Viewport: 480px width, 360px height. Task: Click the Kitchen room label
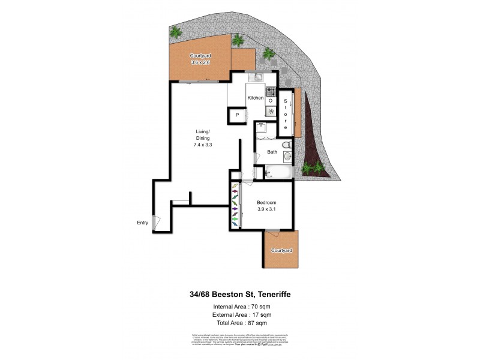(256, 98)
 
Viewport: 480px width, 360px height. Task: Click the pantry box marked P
(237, 115)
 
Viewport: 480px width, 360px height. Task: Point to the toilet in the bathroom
(287, 145)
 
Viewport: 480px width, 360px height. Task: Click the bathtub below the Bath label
(276, 173)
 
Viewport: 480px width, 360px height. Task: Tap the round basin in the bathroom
(287, 158)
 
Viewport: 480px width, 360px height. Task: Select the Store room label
(286, 115)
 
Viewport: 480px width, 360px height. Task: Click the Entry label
(142, 223)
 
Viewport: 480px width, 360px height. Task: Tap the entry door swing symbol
(157, 222)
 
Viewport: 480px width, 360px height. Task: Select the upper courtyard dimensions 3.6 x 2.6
(200, 61)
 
